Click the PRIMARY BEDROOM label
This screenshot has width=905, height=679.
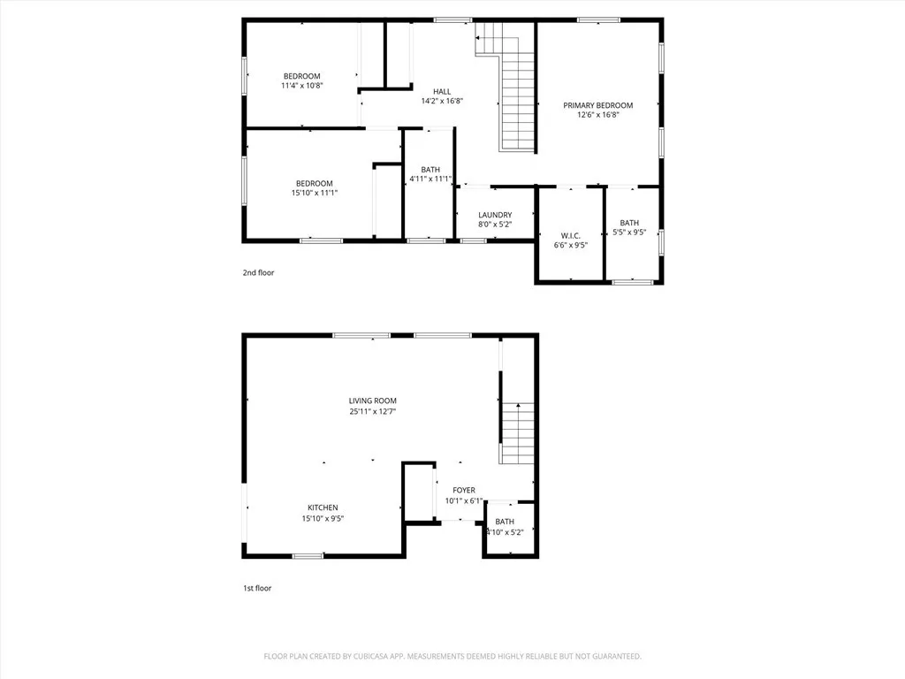coord(598,105)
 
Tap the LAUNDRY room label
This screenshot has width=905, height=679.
coord(495,215)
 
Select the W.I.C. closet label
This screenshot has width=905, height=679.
coord(570,235)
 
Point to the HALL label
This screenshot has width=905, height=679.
coord(442,91)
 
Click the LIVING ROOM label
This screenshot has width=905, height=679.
coord(372,401)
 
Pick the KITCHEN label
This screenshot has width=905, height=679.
coord(323,507)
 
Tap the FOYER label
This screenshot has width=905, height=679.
coord(464,490)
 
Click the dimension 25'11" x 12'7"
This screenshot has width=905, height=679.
coord(372,412)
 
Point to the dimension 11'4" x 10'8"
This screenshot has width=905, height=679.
coord(301,86)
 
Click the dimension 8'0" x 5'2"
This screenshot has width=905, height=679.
coord(495,225)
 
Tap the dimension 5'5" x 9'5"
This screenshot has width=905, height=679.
coord(629,233)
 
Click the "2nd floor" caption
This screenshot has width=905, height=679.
coord(258,272)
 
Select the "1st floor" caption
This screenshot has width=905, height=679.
coord(257,588)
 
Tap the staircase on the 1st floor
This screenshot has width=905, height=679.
coord(518,432)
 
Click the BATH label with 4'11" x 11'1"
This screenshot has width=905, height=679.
coord(430,170)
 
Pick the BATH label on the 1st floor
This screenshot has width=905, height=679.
coord(505,522)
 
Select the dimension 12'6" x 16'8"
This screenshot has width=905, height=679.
coord(598,115)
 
